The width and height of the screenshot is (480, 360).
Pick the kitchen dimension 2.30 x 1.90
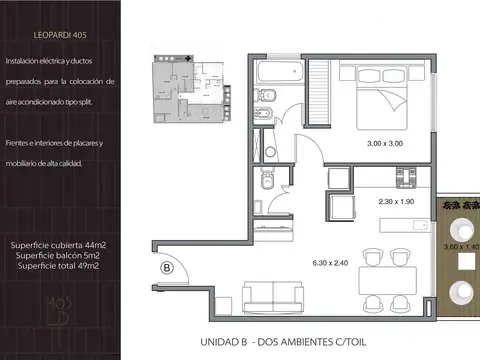coord(395,201)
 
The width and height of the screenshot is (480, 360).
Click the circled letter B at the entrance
coord(167,267)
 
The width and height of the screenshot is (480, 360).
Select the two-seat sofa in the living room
coord(272,295)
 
